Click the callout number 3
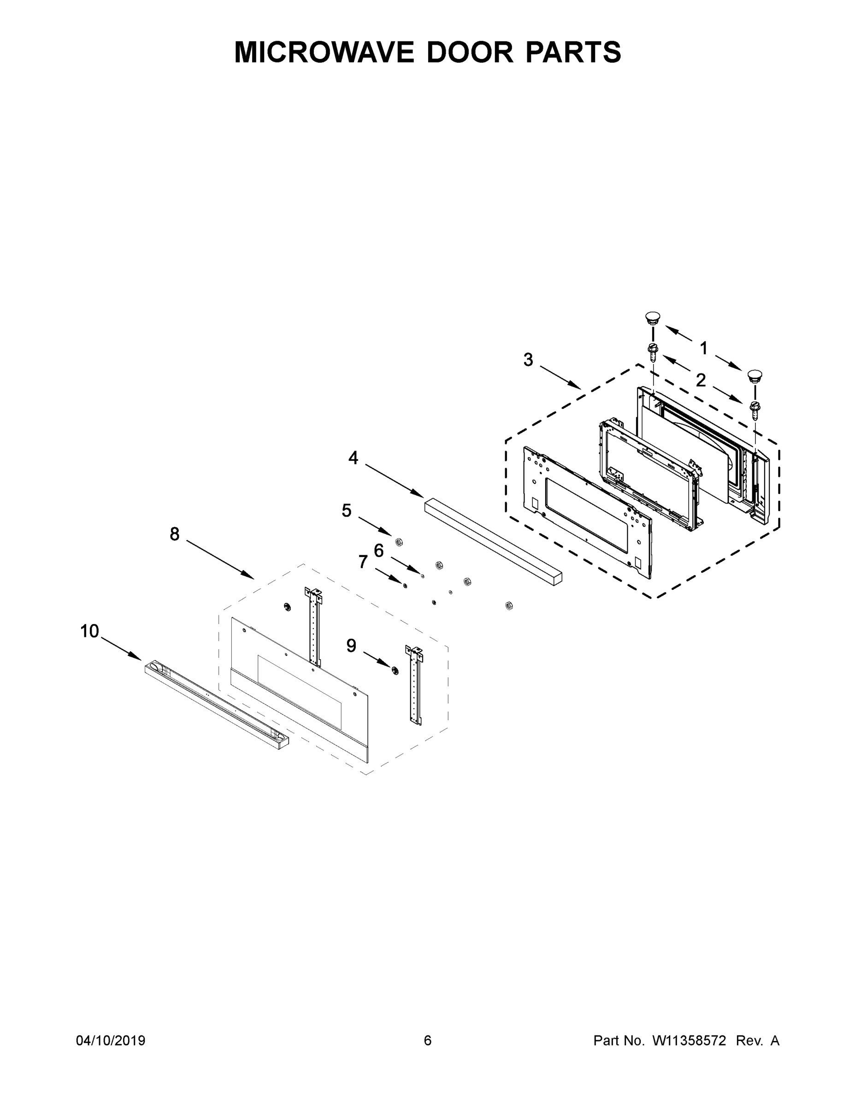pos(528,360)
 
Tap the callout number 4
pos(353,458)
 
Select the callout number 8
pos(174,534)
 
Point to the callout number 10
pos(90,631)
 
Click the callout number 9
pos(351,645)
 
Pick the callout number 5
pos(347,511)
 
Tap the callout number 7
pos(363,562)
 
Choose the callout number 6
pos(379,551)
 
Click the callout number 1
pos(703,348)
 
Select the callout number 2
pos(701,380)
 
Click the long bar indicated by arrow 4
pos(493,541)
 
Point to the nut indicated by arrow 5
pos(399,542)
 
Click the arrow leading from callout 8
pos(220,559)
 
